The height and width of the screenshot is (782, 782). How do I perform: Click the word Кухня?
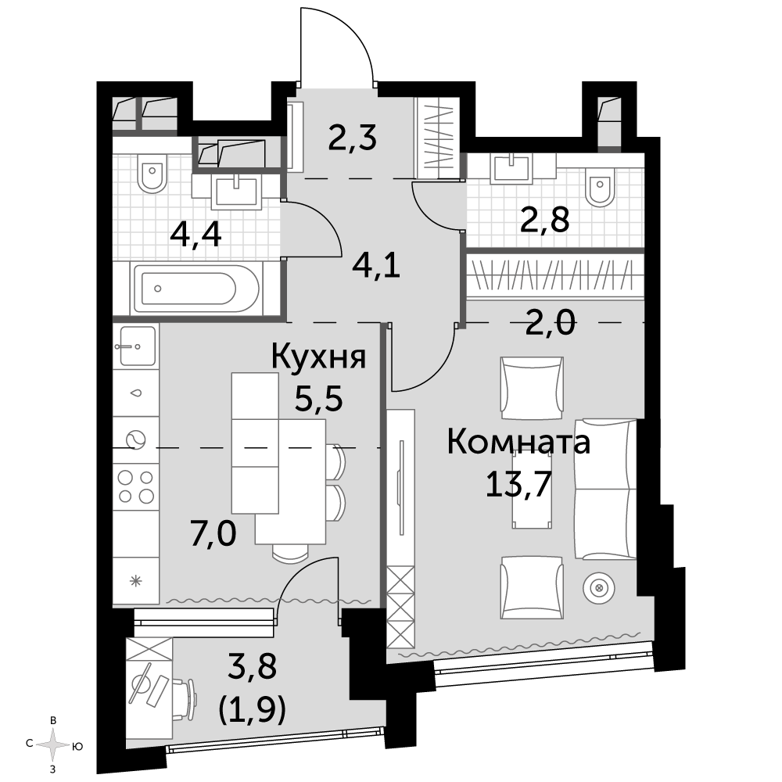[x=319, y=357]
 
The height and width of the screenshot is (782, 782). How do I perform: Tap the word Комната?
[x=518, y=442]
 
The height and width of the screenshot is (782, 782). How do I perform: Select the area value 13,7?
[x=518, y=484]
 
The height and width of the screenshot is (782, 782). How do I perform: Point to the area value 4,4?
[x=195, y=235]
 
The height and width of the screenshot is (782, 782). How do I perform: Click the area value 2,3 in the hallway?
[x=352, y=138]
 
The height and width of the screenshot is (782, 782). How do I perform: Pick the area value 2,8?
[x=544, y=220]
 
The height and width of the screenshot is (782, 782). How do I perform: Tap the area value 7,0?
[x=213, y=533]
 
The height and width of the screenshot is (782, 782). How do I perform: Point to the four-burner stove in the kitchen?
[x=135, y=486]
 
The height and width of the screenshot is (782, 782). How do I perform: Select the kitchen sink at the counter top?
[x=135, y=346]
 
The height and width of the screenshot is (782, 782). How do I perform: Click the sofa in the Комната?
[x=605, y=489]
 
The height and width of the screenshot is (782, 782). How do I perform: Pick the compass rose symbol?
[x=53, y=745]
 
